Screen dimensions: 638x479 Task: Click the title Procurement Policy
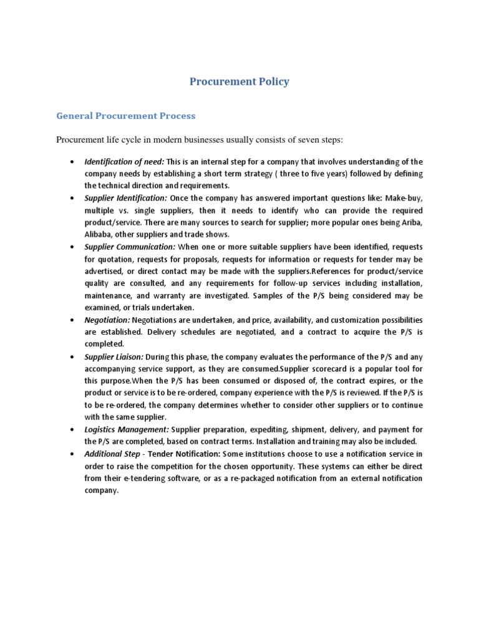click(x=239, y=82)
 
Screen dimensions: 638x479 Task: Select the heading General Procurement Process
click(x=125, y=116)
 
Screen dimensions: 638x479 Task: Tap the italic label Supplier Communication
click(x=130, y=247)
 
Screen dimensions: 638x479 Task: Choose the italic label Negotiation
click(x=107, y=320)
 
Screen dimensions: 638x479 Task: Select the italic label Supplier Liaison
click(x=114, y=356)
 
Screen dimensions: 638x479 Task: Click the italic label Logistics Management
click(x=127, y=429)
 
